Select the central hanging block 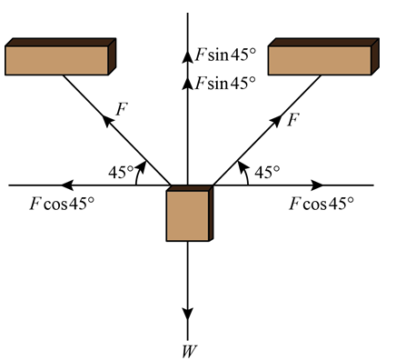pos(189,214)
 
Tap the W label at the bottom pos(188,347)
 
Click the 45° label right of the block pos(266,170)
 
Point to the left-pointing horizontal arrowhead pos(69,185)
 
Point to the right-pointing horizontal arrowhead pos(316,185)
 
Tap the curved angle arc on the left pos(139,171)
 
